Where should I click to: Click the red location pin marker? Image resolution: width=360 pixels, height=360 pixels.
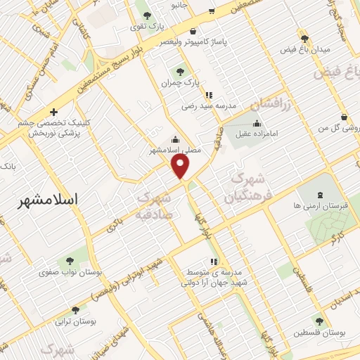click(181, 166)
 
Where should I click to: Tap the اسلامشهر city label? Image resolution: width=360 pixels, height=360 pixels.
click(46, 200)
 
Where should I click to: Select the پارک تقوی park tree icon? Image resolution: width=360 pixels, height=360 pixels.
click(147, 15)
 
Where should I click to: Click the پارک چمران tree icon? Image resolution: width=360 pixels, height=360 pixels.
click(181, 71)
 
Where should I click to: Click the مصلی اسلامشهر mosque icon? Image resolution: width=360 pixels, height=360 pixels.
click(176, 139)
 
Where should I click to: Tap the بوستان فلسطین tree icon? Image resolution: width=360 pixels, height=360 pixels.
click(319, 321)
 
